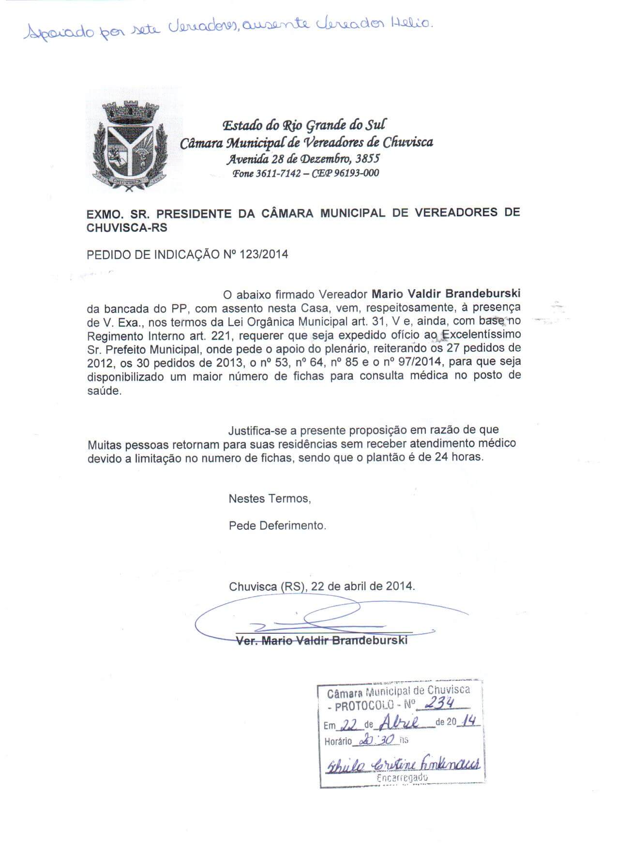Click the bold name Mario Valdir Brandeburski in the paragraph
pyautogui.click(x=446, y=294)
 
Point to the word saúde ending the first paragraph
pyautogui.click(x=103, y=391)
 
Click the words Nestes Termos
pyautogui.click(x=269, y=498)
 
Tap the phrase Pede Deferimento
pyautogui.click(x=277, y=525)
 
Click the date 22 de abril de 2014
pyautogui.click(x=363, y=586)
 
